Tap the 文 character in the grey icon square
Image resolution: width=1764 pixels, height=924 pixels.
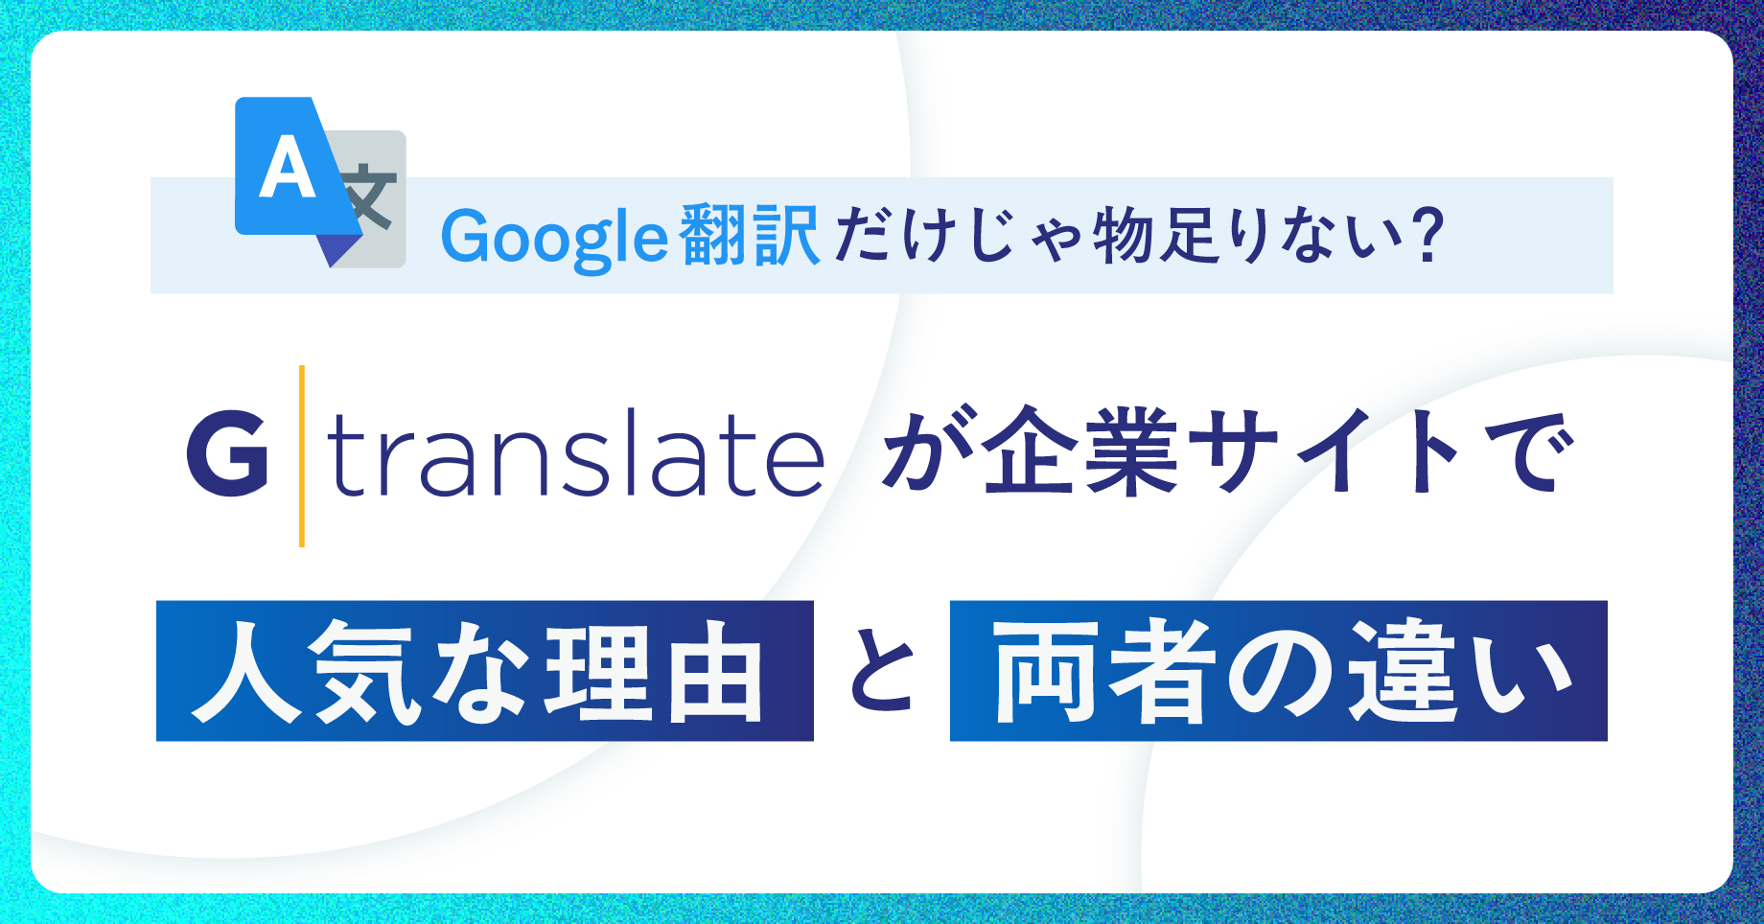point(368,198)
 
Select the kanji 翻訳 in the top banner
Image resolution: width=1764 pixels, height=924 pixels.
point(749,235)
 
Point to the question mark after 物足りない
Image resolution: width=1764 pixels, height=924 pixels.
point(1427,235)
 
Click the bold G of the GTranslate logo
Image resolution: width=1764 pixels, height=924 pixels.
point(227,453)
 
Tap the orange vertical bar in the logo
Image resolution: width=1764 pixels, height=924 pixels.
point(302,456)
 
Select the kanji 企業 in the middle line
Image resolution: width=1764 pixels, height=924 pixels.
point(1080,451)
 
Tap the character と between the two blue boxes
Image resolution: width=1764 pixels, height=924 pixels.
point(882,671)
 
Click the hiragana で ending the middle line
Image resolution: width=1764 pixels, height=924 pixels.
point(1525,451)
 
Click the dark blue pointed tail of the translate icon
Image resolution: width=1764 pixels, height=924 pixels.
point(338,249)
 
